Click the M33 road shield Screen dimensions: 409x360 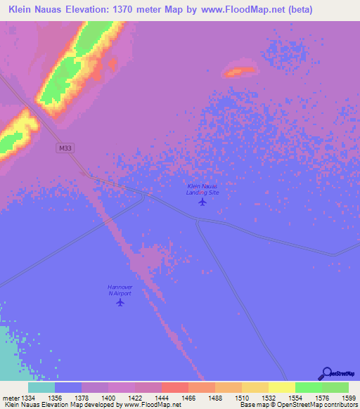click(x=64, y=148)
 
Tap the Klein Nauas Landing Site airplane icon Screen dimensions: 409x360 click(x=203, y=202)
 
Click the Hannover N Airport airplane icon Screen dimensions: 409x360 click(x=120, y=303)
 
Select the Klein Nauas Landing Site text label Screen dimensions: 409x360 click(x=202, y=188)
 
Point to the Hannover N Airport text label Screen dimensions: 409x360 click(x=120, y=290)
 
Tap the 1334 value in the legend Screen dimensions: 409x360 click(x=27, y=397)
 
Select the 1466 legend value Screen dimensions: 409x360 click(x=188, y=397)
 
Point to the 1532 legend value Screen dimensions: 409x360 click(x=268, y=397)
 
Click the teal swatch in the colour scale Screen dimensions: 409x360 click(x=41, y=387)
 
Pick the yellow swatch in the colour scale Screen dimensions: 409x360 click(x=281, y=387)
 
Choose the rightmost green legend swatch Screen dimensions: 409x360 click(x=335, y=387)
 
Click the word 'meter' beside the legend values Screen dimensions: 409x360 click(x=10, y=397)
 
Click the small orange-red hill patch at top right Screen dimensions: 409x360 click(x=240, y=70)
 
